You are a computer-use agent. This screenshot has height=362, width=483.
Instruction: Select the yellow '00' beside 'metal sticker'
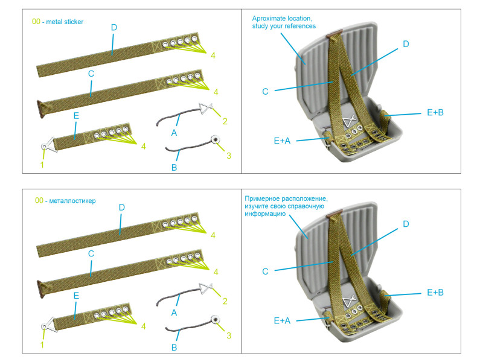(37, 22)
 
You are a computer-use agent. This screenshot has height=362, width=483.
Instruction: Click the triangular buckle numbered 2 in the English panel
(207, 109)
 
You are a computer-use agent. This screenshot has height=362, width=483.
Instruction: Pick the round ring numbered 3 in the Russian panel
(214, 320)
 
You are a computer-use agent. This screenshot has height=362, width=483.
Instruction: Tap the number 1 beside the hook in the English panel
(42, 164)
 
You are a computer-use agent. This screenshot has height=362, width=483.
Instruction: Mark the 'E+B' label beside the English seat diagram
(435, 113)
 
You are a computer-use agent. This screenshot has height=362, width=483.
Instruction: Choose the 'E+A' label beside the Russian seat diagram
(282, 320)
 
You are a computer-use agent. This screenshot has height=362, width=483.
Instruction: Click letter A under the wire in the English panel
(174, 132)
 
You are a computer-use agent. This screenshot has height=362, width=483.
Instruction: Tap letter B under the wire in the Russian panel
(174, 347)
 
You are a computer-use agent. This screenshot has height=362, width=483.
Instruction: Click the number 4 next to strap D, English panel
(213, 56)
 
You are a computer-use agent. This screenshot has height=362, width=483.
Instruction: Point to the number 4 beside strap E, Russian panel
(143, 326)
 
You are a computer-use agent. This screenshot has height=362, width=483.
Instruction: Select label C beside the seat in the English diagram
(265, 92)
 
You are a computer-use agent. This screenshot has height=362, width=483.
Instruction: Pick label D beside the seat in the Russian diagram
(406, 224)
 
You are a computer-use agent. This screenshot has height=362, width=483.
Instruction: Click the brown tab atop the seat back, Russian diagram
(333, 213)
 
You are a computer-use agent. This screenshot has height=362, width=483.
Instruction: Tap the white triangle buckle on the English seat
(349, 122)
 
